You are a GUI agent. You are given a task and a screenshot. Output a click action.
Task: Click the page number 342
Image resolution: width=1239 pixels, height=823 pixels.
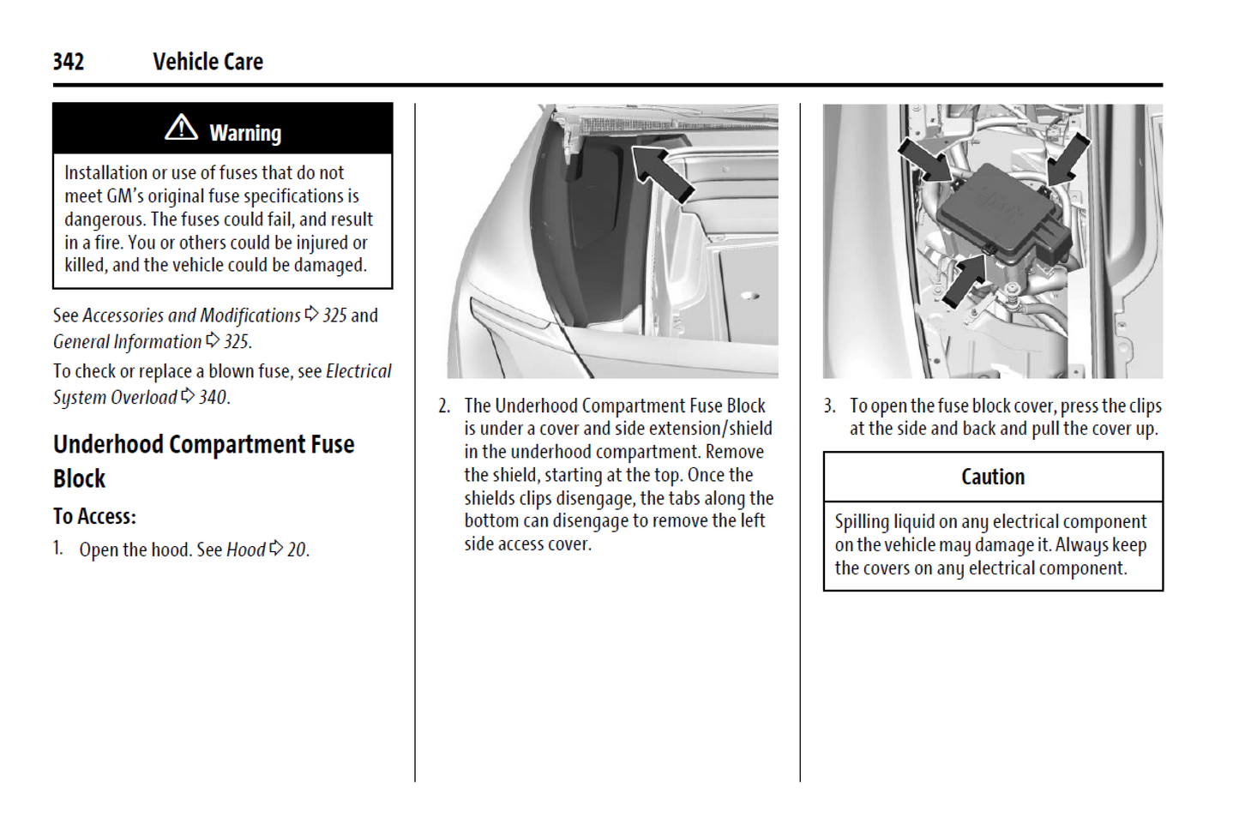[69, 62]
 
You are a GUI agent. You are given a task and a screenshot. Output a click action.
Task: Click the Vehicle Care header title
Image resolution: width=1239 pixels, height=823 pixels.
[208, 62]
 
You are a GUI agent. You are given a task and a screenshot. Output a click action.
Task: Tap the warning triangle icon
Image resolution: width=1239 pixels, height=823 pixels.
[181, 128]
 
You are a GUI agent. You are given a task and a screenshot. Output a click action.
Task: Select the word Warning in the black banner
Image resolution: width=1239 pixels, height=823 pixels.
[245, 133]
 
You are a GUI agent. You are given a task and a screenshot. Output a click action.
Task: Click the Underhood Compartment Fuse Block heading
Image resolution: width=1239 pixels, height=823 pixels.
[203, 461]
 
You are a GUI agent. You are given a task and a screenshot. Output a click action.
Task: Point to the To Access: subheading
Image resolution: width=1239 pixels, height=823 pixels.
[94, 516]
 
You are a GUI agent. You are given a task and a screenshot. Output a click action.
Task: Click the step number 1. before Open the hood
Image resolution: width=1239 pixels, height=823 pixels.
[58, 549]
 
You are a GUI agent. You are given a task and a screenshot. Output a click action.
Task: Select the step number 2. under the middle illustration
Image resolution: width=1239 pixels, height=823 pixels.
[444, 405]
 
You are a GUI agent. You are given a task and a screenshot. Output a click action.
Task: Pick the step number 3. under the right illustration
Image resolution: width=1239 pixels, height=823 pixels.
[829, 405]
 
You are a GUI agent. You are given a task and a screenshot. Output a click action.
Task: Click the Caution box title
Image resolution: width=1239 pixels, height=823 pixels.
[993, 477]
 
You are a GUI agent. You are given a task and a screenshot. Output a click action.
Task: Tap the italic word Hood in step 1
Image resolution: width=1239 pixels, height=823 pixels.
[245, 550]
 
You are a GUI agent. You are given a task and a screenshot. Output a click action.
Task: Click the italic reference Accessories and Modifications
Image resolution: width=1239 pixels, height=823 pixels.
[191, 315]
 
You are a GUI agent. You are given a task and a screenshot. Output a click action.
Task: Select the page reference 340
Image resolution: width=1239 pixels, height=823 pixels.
[213, 398]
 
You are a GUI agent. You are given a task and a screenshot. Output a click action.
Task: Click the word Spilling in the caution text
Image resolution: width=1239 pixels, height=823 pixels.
[862, 522]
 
